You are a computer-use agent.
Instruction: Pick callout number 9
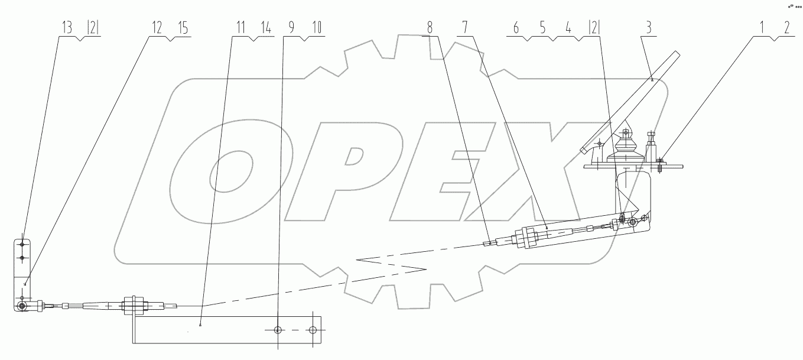pyautogui.click(x=290, y=27)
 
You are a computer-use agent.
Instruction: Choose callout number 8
pyautogui.click(x=430, y=27)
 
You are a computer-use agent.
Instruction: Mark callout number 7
pyautogui.click(x=465, y=27)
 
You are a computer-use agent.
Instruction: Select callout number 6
pyautogui.click(x=516, y=27)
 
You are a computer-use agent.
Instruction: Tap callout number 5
pyautogui.click(x=542, y=27)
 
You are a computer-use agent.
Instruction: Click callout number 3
pyautogui.click(x=649, y=27)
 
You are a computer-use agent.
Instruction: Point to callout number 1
pyautogui.click(x=760, y=27)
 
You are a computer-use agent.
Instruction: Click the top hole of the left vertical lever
pyautogui.click(x=22, y=244)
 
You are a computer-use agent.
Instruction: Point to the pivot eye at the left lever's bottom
pyautogui.click(x=22, y=306)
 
